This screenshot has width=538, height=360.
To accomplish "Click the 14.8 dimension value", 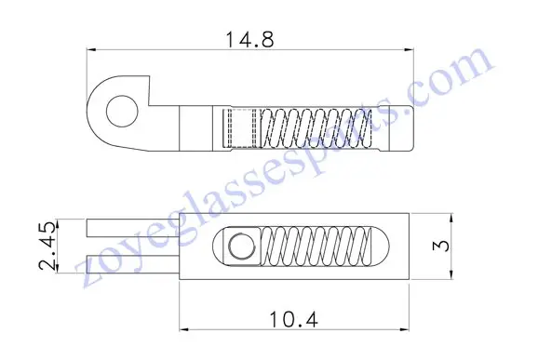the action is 249,39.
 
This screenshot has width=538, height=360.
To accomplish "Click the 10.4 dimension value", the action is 294,319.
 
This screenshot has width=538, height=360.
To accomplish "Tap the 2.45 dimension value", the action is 47,246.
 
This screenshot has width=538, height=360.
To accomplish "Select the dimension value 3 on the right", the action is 442,246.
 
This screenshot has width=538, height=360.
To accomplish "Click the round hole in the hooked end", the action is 122,112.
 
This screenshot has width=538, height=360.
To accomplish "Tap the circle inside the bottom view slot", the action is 242,247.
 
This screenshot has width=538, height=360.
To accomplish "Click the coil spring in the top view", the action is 316,128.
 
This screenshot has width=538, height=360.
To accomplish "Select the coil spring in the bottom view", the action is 316,247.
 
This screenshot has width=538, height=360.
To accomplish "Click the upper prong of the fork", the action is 133,228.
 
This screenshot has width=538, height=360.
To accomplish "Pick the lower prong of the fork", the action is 133,264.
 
